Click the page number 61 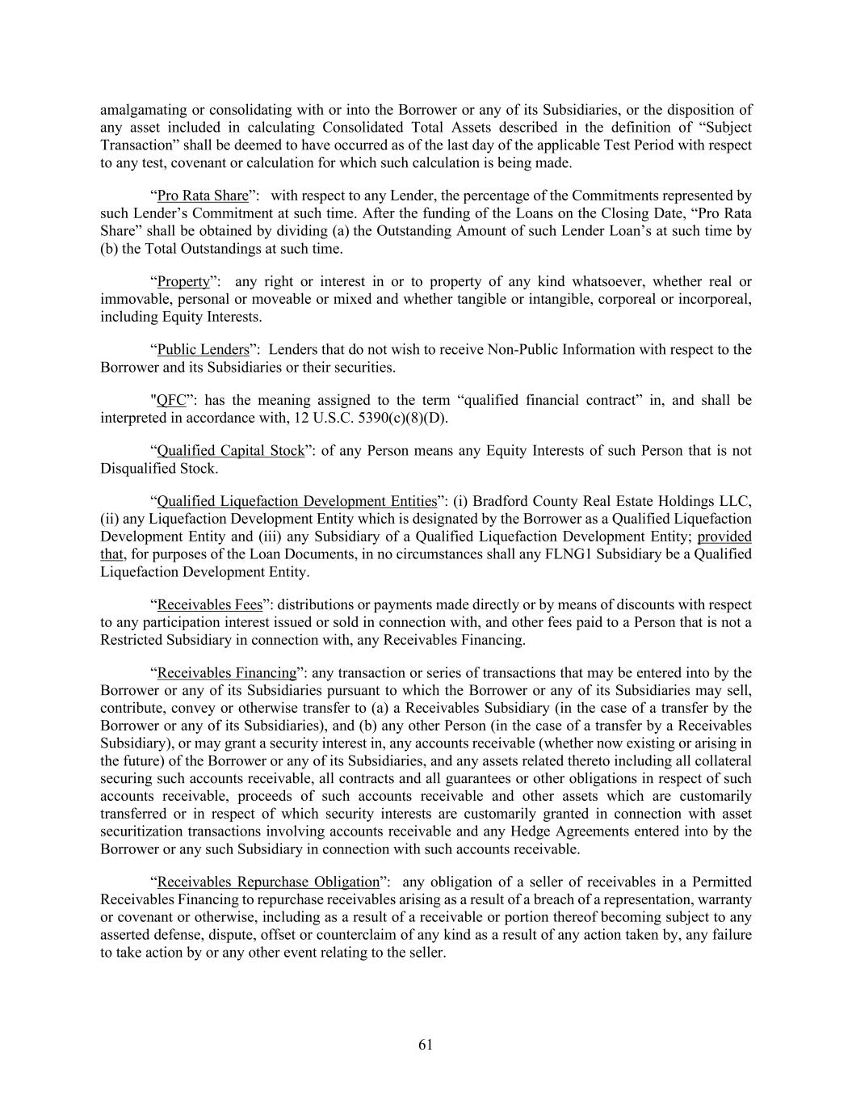tap(426, 1045)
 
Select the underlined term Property tap(183, 281)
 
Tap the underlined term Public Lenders tap(203, 349)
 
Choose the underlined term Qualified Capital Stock tap(230, 450)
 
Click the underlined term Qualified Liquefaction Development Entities tap(296, 501)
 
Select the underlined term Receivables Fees tap(209, 604)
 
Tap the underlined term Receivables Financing tap(226, 672)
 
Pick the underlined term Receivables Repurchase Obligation tap(267, 882)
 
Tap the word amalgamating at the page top tap(141, 110)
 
